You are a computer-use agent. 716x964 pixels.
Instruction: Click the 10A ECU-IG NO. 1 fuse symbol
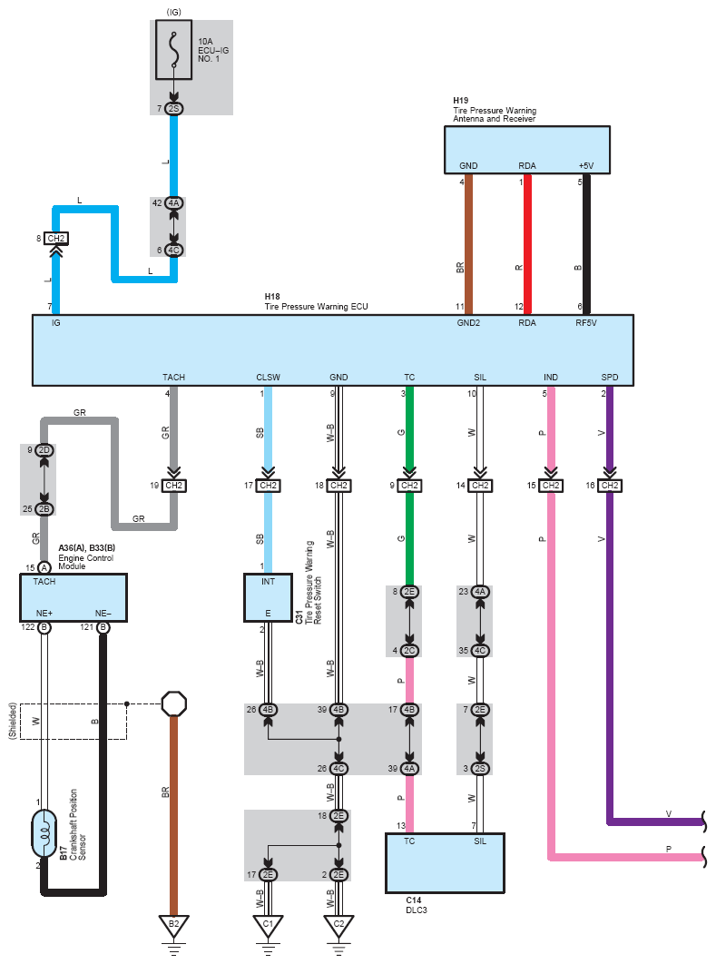click(174, 50)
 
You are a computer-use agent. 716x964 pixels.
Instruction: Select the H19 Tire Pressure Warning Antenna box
click(527, 150)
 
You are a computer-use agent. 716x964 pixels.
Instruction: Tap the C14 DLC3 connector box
click(445, 863)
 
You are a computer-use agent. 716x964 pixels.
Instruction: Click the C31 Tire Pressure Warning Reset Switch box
click(268, 597)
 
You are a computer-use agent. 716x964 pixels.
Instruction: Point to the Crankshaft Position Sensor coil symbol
click(44, 833)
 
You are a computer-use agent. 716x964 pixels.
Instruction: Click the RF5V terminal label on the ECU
click(586, 323)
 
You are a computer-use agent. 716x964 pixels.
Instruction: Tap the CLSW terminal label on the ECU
click(268, 377)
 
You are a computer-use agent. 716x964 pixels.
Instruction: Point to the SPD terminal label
click(610, 377)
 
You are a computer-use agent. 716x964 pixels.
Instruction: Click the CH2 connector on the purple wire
click(610, 486)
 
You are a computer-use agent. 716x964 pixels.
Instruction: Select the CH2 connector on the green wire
click(409, 486)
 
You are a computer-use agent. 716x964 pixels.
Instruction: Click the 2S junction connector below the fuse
click(174, 109)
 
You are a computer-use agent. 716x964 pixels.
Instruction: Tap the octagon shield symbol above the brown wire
click(174, 704)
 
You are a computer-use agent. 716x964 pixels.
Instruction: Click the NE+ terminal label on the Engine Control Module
click(44, 613)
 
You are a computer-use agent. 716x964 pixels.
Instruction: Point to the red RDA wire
click(527, 245)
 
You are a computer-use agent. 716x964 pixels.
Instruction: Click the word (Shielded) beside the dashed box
click(13, 721)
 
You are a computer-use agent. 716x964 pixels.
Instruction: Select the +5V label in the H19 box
click(586, 165)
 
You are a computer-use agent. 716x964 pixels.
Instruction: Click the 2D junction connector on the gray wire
click(44, 450)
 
